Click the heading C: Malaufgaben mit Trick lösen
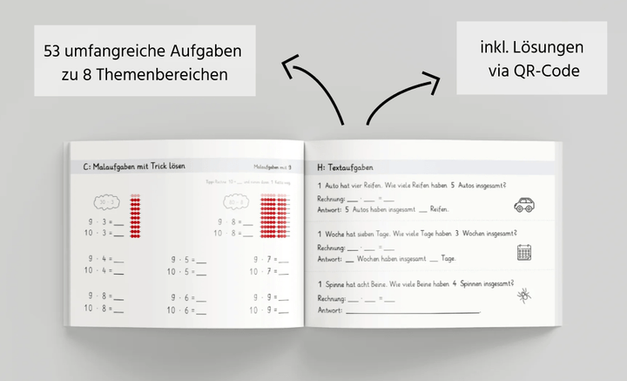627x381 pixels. pos(134,166)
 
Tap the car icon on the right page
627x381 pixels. pos(524,204)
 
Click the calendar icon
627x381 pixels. pos(525,252)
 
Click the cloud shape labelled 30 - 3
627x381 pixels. pos(108,202)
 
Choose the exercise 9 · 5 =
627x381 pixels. pos(187,258)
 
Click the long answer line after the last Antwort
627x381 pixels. pos(411,310)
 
